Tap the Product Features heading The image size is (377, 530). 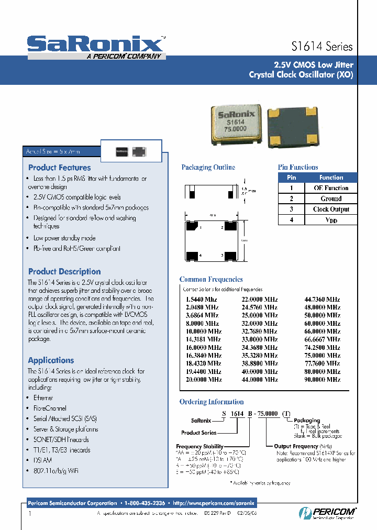[x=59, y=168]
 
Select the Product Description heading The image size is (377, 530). [x=64, y=271]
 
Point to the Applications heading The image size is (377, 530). [x=51, y=360]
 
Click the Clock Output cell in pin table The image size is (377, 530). [x=331, y=209]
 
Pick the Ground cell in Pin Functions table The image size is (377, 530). [x=331, y=198]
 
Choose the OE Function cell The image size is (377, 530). [x=331, y=188]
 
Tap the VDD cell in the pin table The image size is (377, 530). [x=331, y=220]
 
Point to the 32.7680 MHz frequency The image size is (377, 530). [x=260, y=331]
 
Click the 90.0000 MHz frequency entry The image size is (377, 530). [x=322, y=379]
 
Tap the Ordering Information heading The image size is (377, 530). [x=212, y=402]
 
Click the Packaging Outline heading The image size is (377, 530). [x=208, y=168]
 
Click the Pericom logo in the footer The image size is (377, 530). [x=327, y=512]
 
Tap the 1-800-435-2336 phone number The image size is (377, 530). [x=145, y=503]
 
